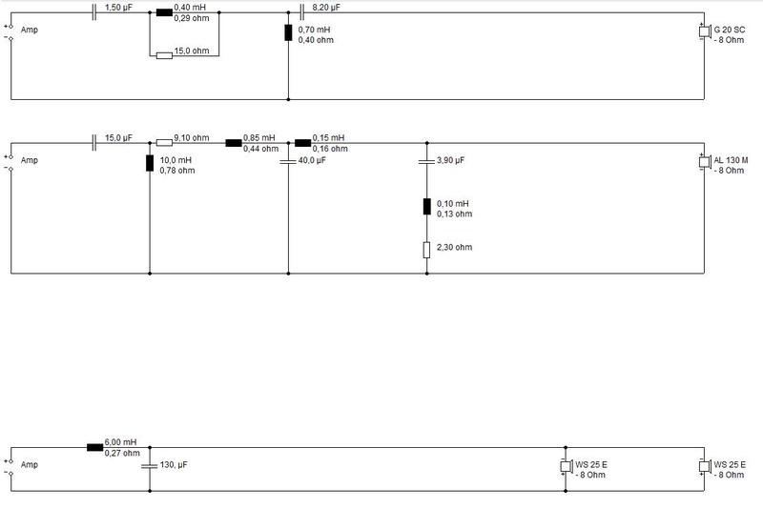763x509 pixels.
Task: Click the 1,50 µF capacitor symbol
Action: click(x=93, y=12)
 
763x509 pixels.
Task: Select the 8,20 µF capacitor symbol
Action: click(x=301, y=12)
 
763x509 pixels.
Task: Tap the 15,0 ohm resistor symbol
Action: click(x=164, y=56)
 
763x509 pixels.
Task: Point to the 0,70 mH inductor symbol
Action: click(x=288, y=32)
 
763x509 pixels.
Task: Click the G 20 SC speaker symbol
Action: click(x=704, y=31)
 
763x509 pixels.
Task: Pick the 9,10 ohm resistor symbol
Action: click(x=164, y=143)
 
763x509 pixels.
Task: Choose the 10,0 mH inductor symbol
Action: click(x=150, y=163)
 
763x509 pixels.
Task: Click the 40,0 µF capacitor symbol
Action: click(x=288, y=160)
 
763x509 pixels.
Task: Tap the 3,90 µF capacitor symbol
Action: click(x=426, y=160)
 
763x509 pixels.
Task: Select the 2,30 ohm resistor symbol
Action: click(x=426, y=250)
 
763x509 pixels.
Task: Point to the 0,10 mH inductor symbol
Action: click(x=426, y=207)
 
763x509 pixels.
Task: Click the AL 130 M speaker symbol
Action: click(x=704, y=162)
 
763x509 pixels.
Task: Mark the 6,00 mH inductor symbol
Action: click(x=94, y=447)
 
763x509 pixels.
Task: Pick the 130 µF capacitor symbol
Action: click(x=150, y=466)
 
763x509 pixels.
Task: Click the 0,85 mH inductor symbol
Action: click(x=234, y=143)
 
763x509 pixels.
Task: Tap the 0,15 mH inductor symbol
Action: click(x=302, y=143)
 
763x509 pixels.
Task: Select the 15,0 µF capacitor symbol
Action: click(x=93, y=143)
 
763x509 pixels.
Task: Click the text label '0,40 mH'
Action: click(x=190, y=8)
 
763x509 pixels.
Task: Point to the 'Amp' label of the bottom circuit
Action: click(x=30, y=465)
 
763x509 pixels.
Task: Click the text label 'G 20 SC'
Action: click(x=730, y=30)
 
